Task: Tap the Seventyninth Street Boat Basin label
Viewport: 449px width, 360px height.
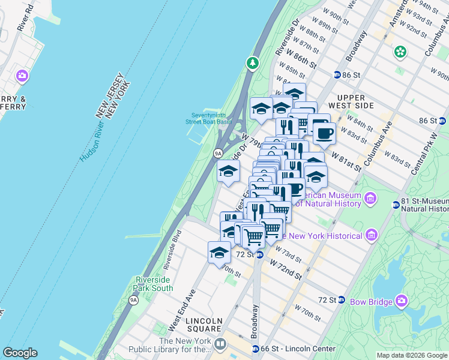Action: pos(208,118)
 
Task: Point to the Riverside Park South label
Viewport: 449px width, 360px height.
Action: pos(154,284)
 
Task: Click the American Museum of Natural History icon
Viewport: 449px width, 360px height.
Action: pos(370,197)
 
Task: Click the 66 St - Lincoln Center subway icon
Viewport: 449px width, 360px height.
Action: pos(256,349)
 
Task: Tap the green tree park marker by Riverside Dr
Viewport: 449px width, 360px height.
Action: pos(253,62)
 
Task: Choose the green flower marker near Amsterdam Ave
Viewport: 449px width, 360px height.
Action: pos(400,52)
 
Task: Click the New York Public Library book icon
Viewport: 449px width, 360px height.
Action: pos(220,344)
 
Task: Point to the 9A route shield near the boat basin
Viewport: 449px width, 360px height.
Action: pos(218,154)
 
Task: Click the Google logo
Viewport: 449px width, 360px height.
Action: pos(20,353)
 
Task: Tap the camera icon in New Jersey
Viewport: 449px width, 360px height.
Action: pos(22,76)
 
